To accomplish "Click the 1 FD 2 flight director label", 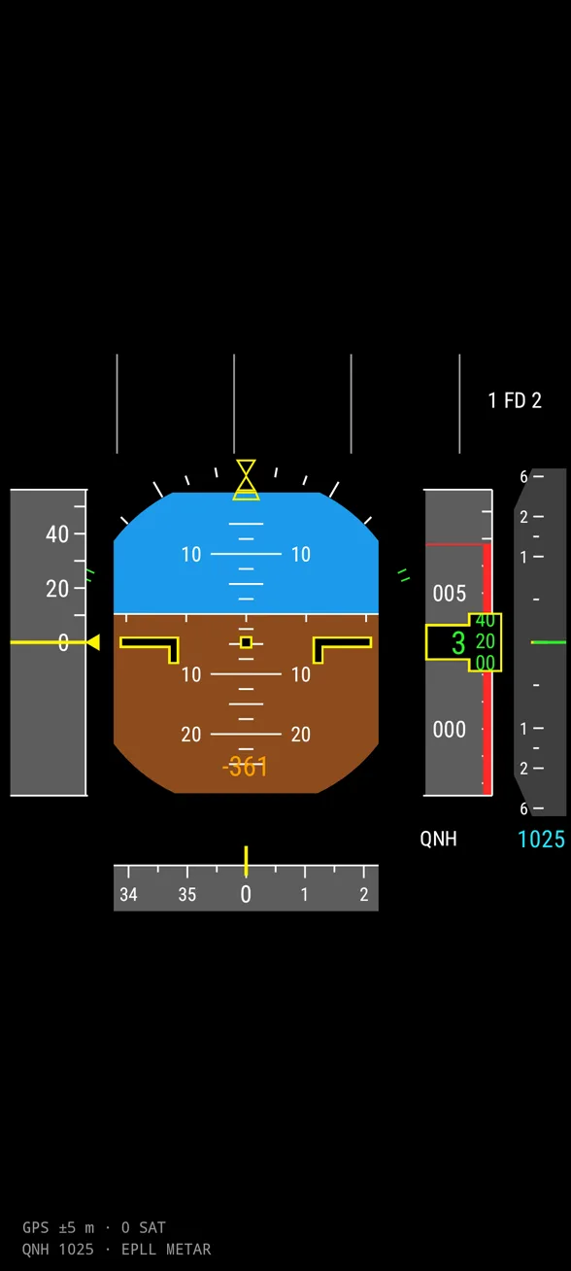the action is (515, 400).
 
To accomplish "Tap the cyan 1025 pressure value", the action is (542, 840).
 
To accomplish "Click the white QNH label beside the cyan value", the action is (438, 839).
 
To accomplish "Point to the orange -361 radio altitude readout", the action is (245, 767).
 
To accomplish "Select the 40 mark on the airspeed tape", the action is (57, 533).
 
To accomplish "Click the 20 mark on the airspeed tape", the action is (57, 589).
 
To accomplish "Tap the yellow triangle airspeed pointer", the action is (93, 642).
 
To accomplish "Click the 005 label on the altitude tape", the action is (449, 594).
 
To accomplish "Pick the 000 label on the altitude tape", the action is (449, 730).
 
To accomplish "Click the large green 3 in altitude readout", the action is (458, 643).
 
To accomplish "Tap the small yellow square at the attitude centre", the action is (246, 642).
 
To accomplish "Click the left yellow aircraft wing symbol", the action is (150, 648).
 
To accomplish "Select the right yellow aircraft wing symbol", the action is (343, 648).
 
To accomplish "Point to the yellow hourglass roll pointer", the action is (246, 480).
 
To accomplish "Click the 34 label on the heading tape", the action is (128, 895).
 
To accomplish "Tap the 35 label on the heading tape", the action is (187, 895).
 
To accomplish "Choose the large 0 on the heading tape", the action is (246, 894).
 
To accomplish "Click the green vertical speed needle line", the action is (549, 642).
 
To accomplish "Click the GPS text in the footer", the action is (35, 1227).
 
